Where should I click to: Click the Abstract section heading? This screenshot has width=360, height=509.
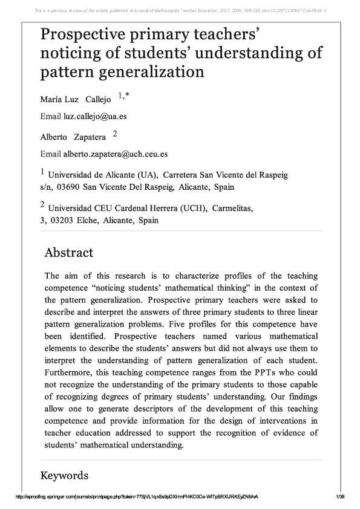69,253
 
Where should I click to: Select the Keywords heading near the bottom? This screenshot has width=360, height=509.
64,476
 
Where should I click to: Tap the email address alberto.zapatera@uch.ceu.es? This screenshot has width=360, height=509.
116,154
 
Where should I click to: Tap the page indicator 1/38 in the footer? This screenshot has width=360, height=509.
339,496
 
